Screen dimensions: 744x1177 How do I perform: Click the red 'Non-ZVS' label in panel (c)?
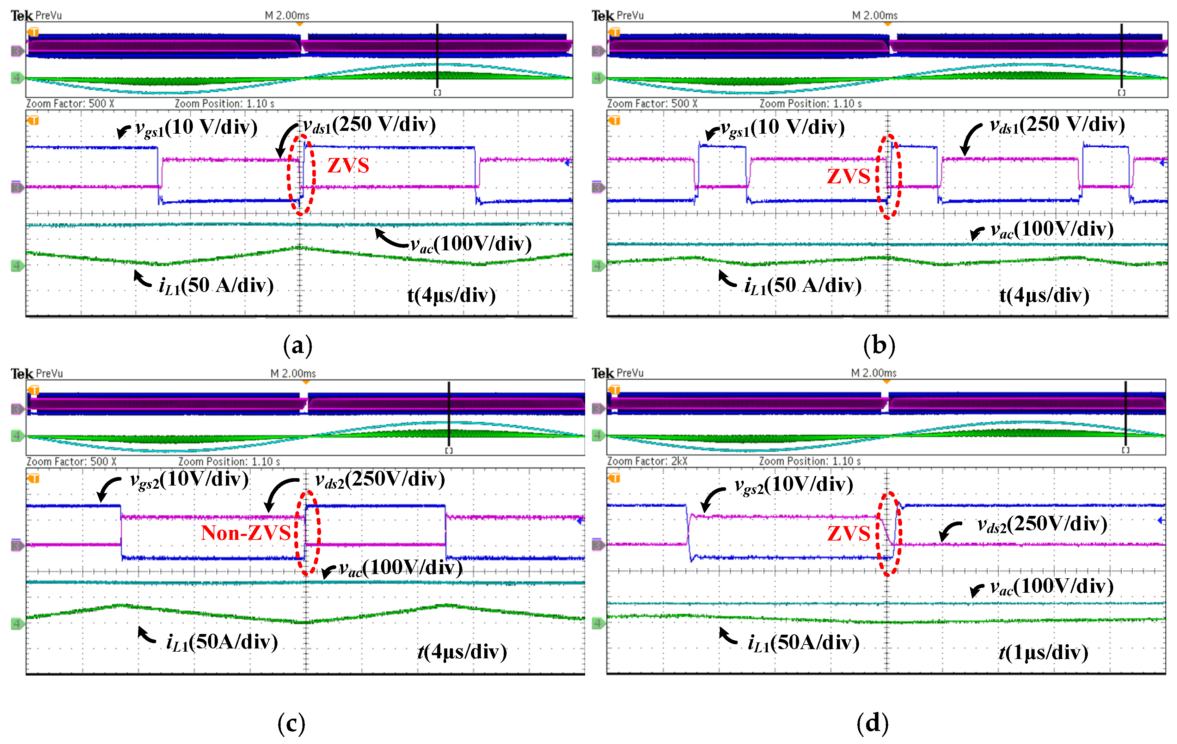[x=246, y=532]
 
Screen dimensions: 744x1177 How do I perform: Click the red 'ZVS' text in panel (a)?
[x=348, y=165]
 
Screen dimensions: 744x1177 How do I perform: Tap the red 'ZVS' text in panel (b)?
[x=848, y=176]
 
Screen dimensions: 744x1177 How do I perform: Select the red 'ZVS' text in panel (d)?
[x=848, y=533]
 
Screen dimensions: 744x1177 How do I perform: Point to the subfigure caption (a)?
[x=297, y=346]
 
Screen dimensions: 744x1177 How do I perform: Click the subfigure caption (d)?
[x=872, y=722]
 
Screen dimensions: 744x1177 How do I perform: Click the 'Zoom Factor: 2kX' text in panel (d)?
[x=647, y=461]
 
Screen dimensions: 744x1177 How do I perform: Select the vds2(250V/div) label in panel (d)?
[x=1042, y=524]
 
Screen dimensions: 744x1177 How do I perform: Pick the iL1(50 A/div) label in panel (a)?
[x=216, y=286]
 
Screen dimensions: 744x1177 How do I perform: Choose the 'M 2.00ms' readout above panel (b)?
[x=875, y=15]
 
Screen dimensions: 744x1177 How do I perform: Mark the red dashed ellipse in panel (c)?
[x=307, y=533]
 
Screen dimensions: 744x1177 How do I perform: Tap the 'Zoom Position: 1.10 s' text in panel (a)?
[x=224, y=104]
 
